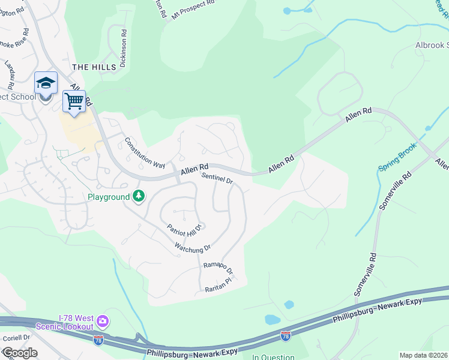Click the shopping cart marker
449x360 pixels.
click(x=74, y=102)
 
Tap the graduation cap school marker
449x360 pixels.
click(x=46, y=83)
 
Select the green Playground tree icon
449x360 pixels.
click(x=139, y=196)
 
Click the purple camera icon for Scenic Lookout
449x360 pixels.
click(x=103, y=322)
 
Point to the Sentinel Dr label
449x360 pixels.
click(x=217, y=179)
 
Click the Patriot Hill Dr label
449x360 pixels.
click(x=187, y=228)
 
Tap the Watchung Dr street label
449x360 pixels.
click(x=192, y=247)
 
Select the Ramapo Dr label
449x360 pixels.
click(x=217, y=268)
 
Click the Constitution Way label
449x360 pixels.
click(x=145, y=152)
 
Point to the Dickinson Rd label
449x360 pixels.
click(x=123, y=49)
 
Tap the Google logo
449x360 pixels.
click(x=19, y=353)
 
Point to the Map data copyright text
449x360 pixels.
click(x=424, y=355)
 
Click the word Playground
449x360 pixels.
click(x=109, y=197)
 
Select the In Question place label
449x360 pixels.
click(x=273, y=357)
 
